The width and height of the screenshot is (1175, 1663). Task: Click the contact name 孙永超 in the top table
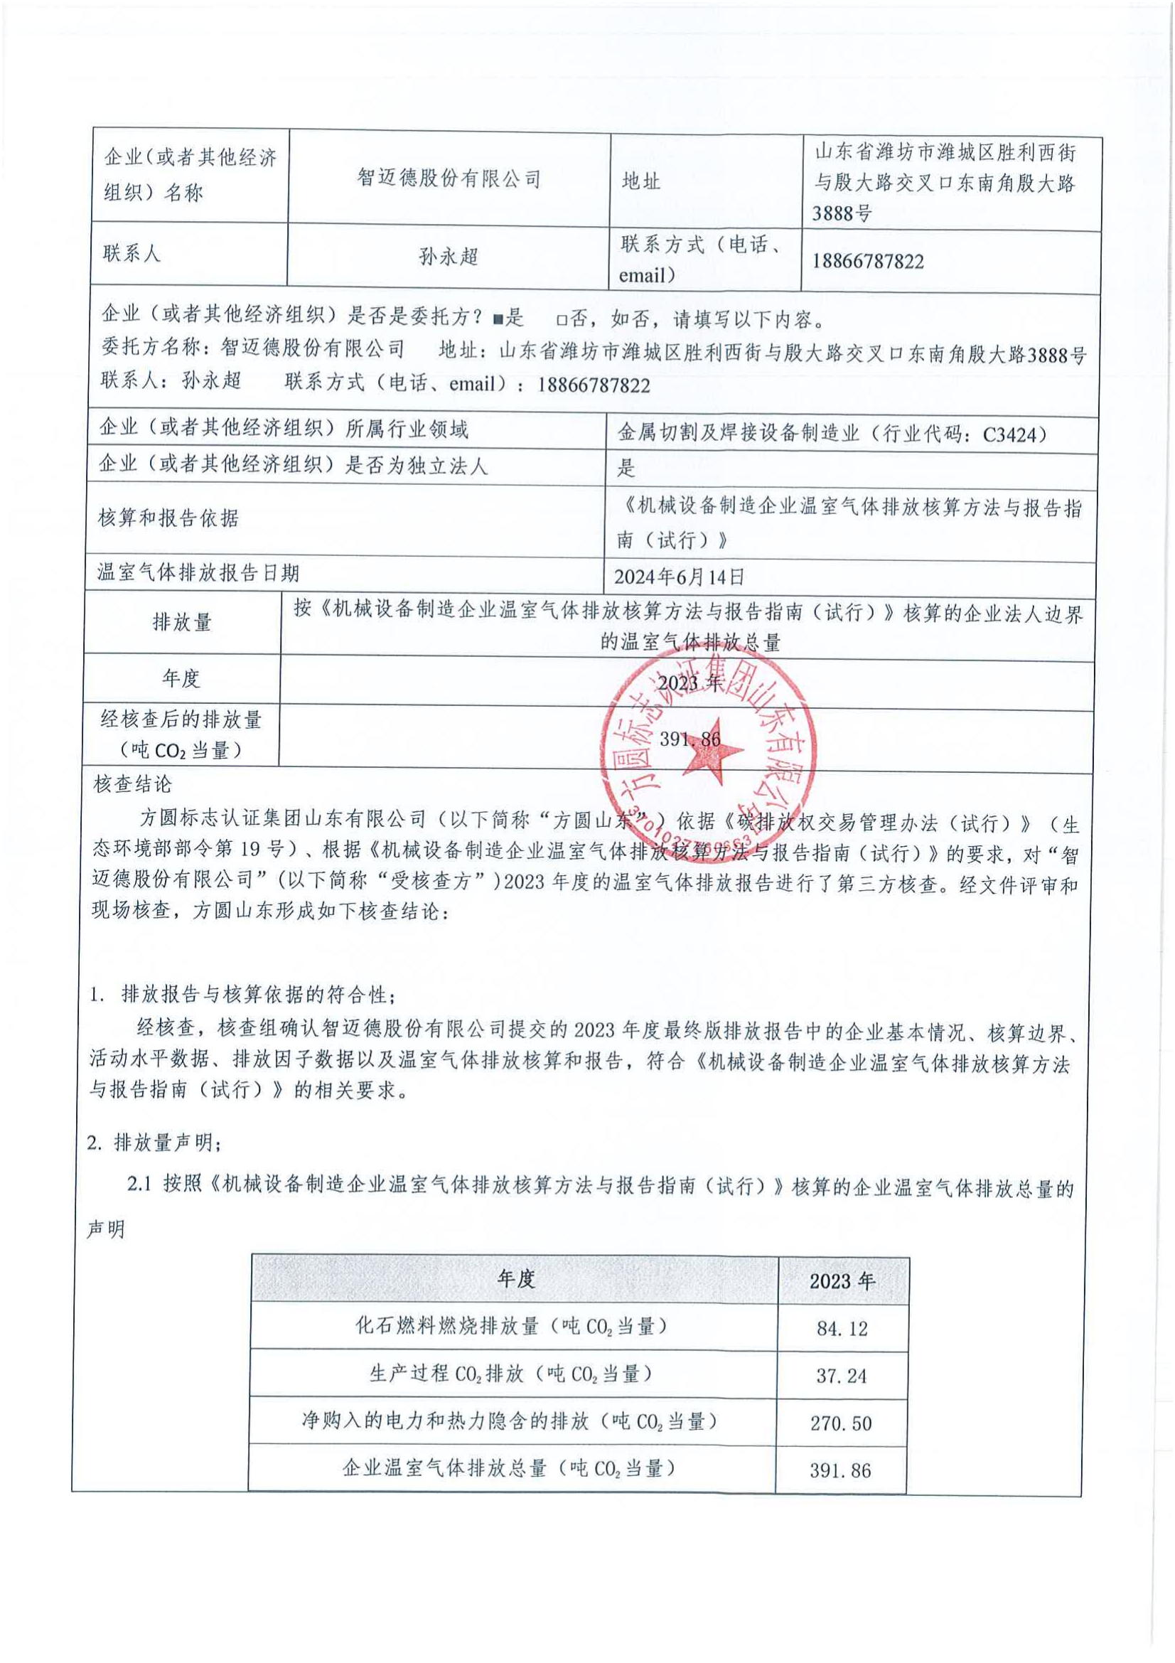tap(448, 257)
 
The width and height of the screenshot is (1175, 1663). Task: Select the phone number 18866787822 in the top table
tap(867, 262)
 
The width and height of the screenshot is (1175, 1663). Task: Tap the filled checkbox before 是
tap(497, 319)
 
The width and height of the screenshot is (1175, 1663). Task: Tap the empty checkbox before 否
tap(561, 319)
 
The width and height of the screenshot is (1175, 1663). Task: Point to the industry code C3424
tap(1014, 434)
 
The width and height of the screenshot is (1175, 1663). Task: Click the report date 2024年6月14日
tap(678, 577)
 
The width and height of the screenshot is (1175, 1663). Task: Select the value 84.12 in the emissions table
tap(841, 1328)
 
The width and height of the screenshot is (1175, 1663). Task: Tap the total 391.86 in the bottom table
tap(840, 1470)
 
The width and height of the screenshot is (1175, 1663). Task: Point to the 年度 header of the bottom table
tap(515, 1279)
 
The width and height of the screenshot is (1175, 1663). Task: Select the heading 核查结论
tap(133, 784)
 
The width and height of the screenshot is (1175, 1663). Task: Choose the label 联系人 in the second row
tap(131, 254)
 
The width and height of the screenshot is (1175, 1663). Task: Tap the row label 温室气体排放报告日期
tap(198, 574)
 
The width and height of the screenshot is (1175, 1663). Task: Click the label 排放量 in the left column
tap(182, 622)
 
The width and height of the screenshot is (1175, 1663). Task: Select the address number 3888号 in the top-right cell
tap(841, 214)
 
